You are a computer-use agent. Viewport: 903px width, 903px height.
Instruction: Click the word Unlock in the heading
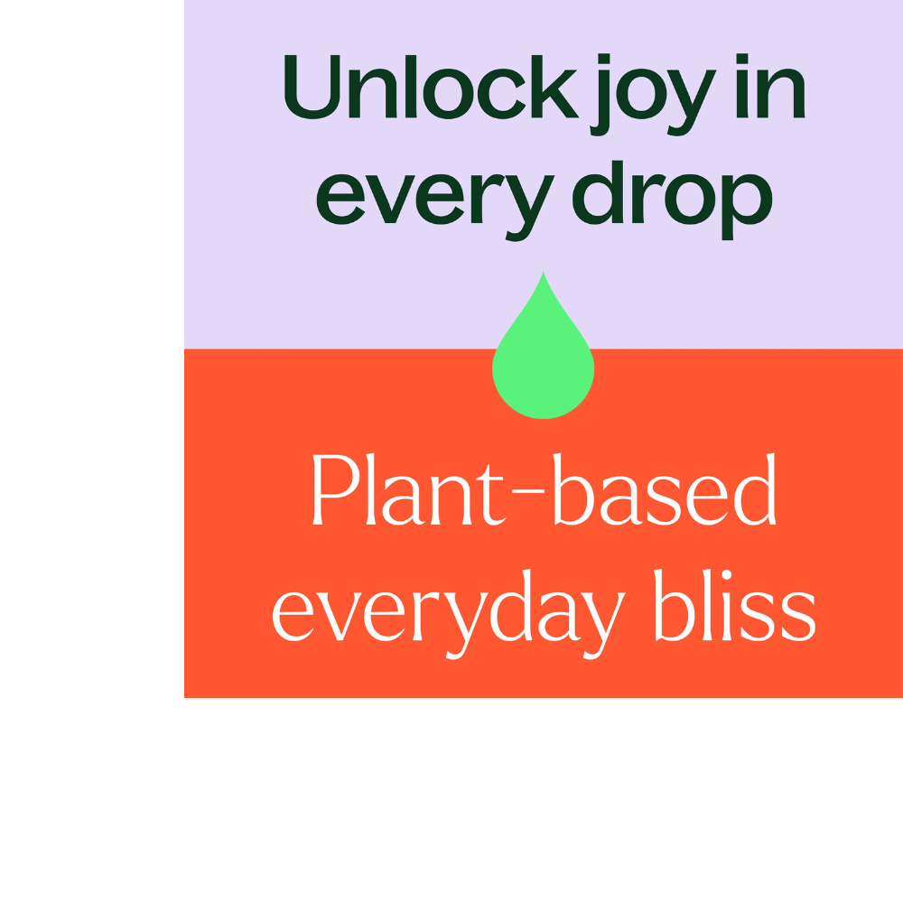[432, 87]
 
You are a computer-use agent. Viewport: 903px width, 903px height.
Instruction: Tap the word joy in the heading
[653, 95]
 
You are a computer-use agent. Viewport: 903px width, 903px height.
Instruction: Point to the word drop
[672, 200]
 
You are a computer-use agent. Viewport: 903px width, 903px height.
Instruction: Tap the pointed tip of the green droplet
[543, 273]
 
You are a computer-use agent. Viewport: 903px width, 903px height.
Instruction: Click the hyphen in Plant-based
[528, 491]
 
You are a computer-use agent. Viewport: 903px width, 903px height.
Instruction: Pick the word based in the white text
[665, 489]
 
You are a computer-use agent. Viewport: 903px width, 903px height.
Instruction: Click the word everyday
[449, 614]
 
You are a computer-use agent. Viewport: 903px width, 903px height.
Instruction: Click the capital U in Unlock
[312, 87]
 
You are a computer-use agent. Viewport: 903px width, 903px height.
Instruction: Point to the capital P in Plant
[336, 489]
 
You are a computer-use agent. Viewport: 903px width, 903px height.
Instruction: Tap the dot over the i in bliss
[726, 574]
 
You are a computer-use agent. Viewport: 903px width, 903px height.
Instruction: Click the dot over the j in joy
[603, 58]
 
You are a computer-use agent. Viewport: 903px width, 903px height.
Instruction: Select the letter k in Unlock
[554, 87]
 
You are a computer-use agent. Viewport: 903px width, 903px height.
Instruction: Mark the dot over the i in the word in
[742, 58]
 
